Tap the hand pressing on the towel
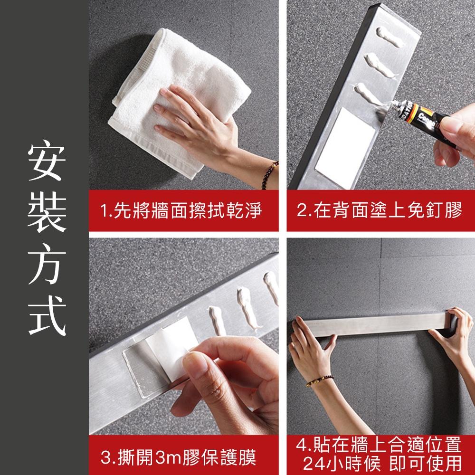tap(199, 119)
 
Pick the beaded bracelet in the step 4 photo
tap(319, 380)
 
